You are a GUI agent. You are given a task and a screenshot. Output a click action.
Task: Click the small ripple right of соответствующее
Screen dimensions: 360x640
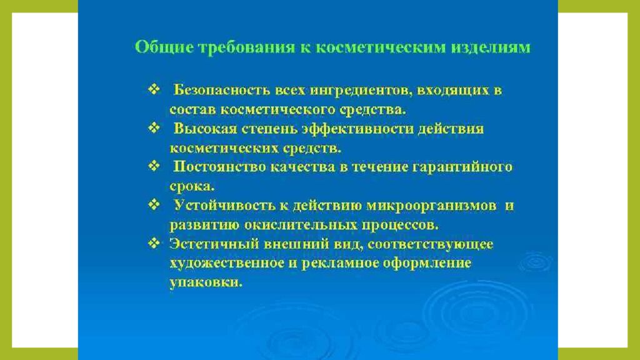coord(535,261)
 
